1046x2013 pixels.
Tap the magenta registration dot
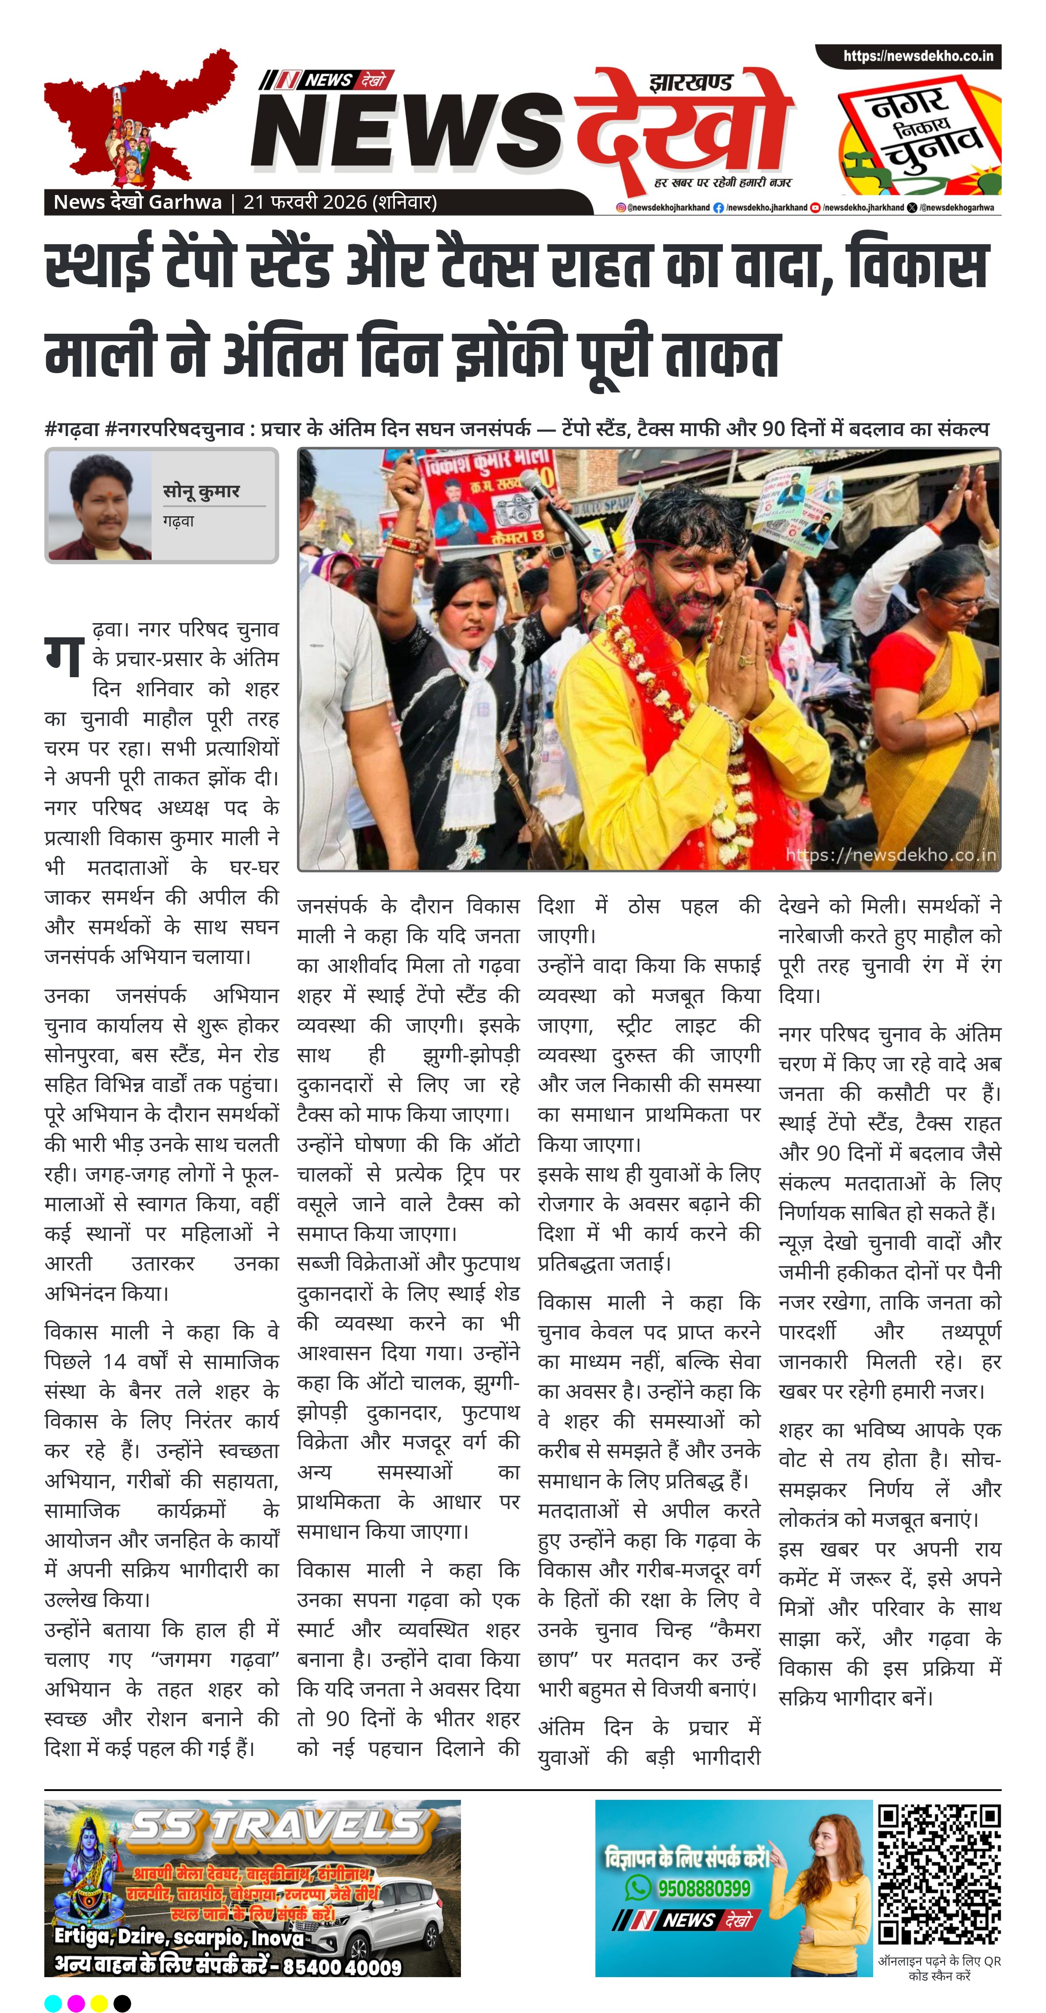(76, 2003)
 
